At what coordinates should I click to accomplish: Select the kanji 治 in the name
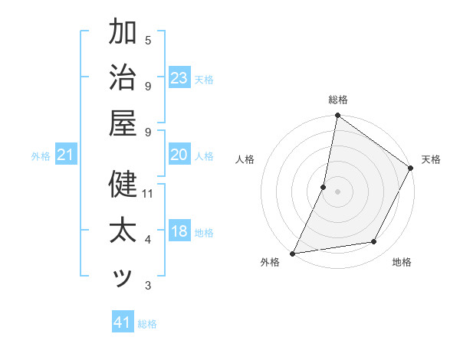pos(123,80)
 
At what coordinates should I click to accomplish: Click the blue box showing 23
pos(179,78)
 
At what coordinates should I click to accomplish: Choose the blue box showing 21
pos(66,155)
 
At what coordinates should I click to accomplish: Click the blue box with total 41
pos(123,322)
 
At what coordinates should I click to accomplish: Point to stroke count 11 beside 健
pos(149,193)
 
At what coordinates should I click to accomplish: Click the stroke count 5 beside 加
pos(148,39)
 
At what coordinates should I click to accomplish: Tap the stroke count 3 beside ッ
pos(148,286)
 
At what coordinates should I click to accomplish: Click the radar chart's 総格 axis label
pos(338,100)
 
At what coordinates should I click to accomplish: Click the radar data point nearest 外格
pos(293,254)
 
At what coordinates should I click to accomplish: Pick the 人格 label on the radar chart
pos(245,159)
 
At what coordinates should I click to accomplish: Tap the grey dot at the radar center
pos(338,191)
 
